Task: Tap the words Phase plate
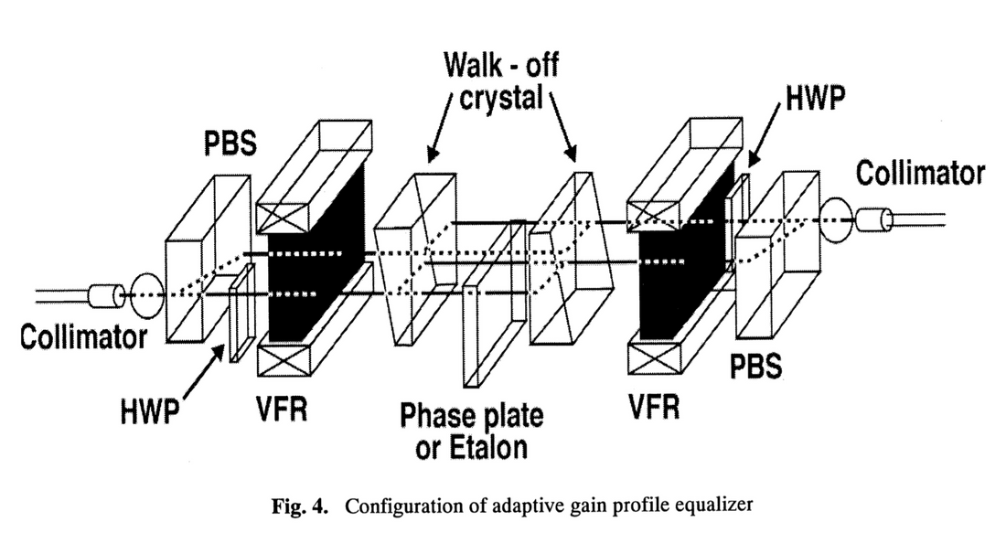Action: [x=471, y=418]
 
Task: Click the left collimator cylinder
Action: [x=106, y=296]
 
